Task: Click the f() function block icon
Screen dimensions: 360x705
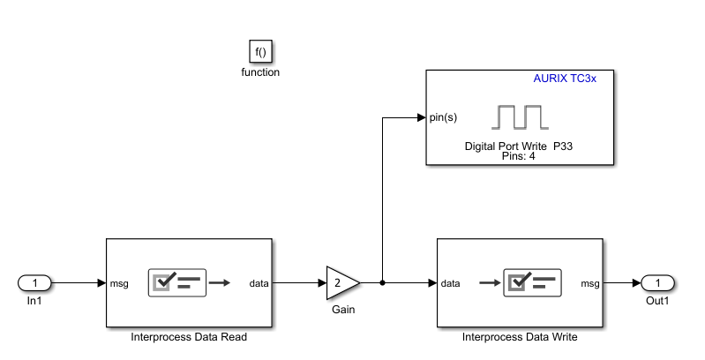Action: click(x=260, y=52)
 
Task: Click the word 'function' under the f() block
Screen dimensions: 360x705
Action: click(x=260, y=72)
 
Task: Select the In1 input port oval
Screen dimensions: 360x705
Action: click(x=34, y=283)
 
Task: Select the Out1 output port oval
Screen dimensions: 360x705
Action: click(x=657, y=283)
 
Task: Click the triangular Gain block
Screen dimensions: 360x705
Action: click(x=341, y=283)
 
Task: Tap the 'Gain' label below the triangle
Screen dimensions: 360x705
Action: click(x=343, y=310)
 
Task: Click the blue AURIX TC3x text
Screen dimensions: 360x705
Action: click(x=565, y=79)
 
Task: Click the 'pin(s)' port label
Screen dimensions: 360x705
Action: click(x=443, y=116)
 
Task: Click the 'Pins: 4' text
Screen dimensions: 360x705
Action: click(x=520, y=156)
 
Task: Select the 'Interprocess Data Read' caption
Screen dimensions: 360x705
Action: click(x=189, y=336)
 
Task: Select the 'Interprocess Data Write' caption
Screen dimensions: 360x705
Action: click(x=520, y=336)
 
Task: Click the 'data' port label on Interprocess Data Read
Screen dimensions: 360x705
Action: click(x=259, y=283)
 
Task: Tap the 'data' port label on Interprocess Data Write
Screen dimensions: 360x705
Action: click(x=450, y=283)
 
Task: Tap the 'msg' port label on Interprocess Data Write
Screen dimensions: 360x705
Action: click(x=589, y=283)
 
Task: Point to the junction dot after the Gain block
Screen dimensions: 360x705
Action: click(x=381, y=283)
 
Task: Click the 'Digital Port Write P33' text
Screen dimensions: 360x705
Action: click(x=520, y=146)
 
